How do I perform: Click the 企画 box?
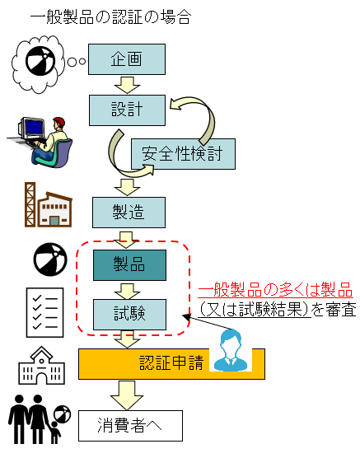click(x=126, y=59)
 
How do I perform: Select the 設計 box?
click(x=127, y=110)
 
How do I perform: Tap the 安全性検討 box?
click(x=183, y=154)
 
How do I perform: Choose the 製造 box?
click(x=129, y=213)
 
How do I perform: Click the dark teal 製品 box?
click(x=129, y=265)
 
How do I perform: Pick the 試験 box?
click(x=129, y=315)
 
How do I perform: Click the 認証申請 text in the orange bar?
click(x=171, y=363)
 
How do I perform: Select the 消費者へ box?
click(x=130, y=426)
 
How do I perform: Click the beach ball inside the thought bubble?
click(x=40, y=61)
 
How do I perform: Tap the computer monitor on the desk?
click(x=32, y=128)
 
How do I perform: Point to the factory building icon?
click(x=49, y=204)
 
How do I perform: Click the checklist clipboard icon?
click(x=44, y=312)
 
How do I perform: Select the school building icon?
click(x=41, y=366)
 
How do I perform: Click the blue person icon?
click(x=231, y=350)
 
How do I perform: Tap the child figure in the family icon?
click(x=54, y=432)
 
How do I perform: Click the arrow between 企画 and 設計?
click(x=127, y=85)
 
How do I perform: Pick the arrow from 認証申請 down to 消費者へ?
click(x=127, y=395)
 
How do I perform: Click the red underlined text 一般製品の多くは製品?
click(x=275, y=290)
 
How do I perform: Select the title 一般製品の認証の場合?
click(x=110, y=16)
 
